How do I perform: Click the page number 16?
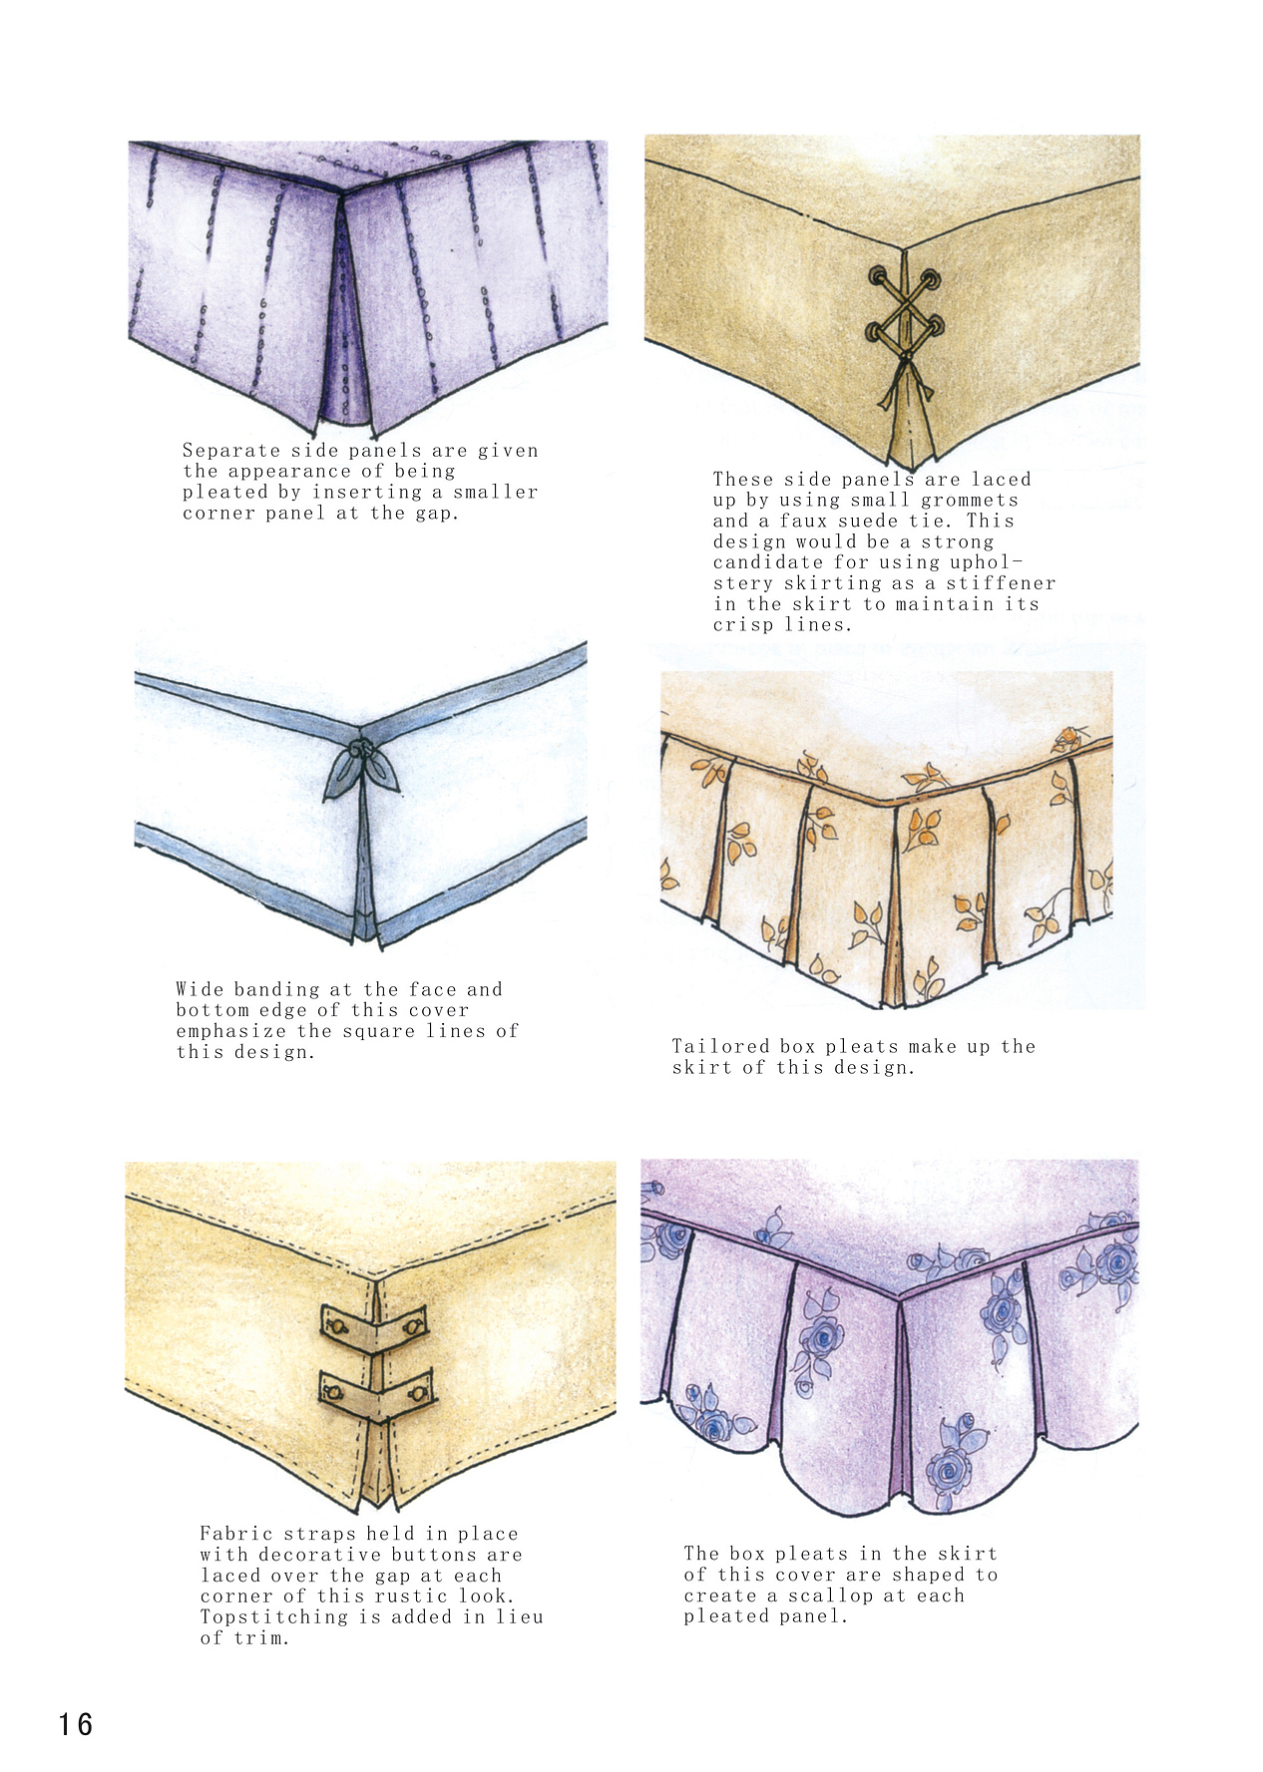[x=75, y=1724]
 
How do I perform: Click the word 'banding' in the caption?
[x=283, y=990]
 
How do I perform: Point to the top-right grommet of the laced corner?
[x=931, y=279]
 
